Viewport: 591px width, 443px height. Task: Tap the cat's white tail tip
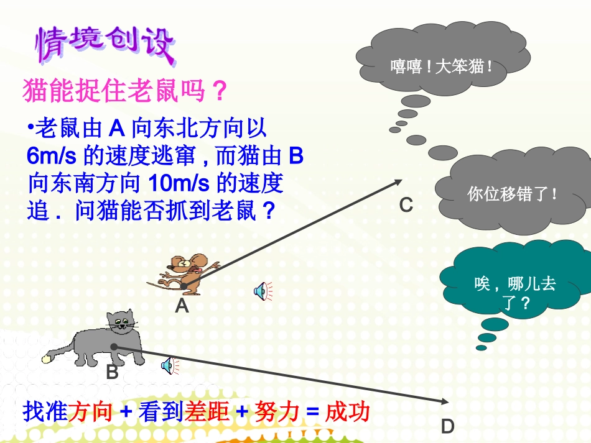click(x=47, y=358)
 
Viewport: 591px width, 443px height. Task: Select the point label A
click(x=181, y=305)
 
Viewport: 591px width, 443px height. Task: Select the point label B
click(x=112, y=372)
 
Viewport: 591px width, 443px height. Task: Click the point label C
click(x=406, y=204)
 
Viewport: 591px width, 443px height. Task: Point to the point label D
click(x=448, y=426)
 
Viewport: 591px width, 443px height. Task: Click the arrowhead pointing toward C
click(x=398, y=181)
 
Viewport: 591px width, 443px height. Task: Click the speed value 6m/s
click(x=53, y=155)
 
